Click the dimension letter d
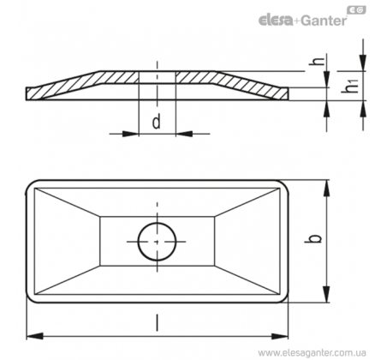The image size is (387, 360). coord(157,121)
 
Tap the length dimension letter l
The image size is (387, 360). coord(157,322)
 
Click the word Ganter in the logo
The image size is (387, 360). coord(324,21)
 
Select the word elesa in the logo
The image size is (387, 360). coord(276,21)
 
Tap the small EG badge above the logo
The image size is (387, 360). coord(356,10)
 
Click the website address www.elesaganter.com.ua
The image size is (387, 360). coord(312,352)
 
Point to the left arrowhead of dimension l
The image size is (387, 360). coord(35,336)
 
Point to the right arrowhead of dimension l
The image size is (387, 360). coord(280,336)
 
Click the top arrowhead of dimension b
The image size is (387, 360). coord(326,189)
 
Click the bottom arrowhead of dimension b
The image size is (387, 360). coord(326,294)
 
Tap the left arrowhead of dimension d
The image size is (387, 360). coord(130,134)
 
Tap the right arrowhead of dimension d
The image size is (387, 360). coord(184,134)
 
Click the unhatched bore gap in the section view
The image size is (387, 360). coord(158,77)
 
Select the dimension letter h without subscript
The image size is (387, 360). coord(318,61)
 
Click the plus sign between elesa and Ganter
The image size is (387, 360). coord(297,21)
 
